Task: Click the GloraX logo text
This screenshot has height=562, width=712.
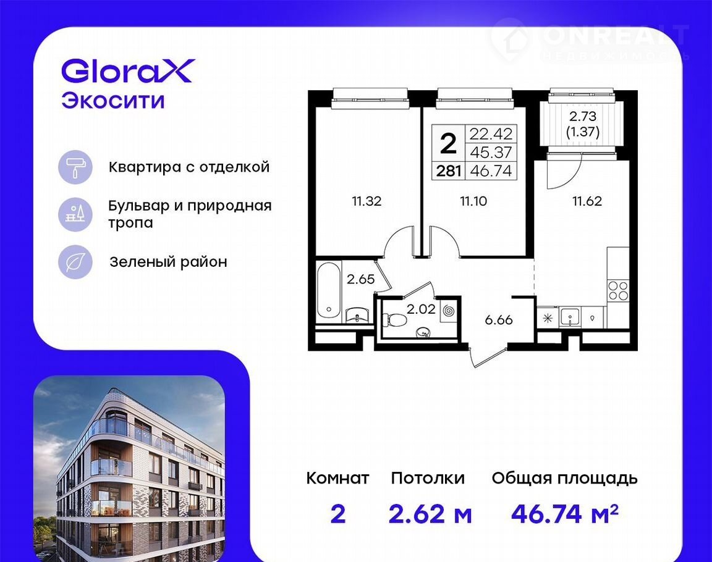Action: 128,71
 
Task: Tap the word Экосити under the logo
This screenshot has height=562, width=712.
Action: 113,101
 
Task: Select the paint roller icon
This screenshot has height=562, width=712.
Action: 75,167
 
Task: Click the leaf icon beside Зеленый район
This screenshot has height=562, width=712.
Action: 75,262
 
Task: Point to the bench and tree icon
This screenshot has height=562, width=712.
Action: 75,214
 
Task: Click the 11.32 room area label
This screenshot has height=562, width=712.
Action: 367,201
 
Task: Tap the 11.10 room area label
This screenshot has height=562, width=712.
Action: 473,201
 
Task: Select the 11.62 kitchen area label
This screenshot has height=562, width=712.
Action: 587,201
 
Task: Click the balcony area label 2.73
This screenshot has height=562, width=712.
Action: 583,117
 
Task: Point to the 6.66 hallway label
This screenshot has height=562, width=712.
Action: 499,320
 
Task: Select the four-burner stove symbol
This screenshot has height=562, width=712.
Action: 618,290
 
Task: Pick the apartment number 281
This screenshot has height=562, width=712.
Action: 449,171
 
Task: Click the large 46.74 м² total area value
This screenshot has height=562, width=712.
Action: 565,514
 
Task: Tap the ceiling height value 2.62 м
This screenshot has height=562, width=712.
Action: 430,514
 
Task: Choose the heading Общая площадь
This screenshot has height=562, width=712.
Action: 564,479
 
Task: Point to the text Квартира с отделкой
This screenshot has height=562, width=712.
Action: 189,167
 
